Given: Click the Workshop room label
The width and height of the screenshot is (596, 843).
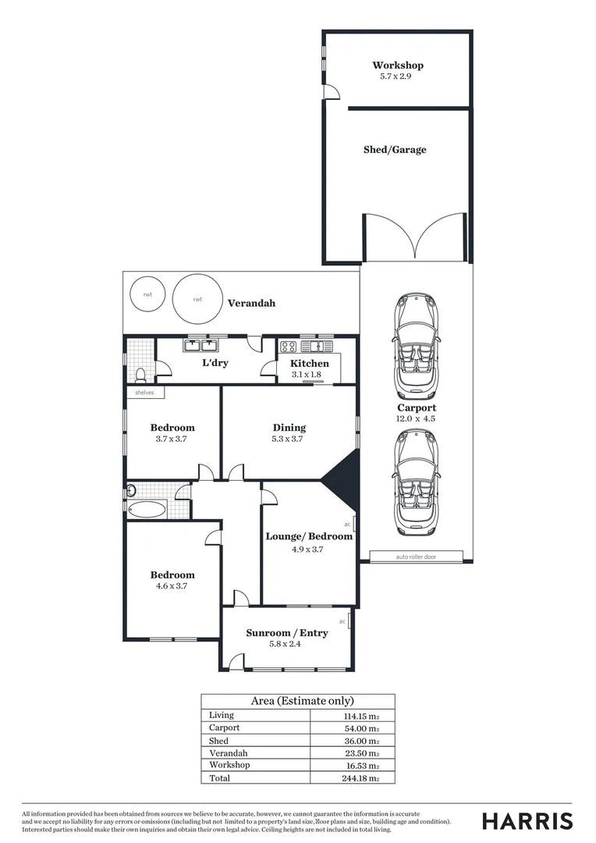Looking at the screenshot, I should tap(397, 66).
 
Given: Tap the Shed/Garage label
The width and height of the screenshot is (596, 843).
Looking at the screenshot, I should tap(395, 150).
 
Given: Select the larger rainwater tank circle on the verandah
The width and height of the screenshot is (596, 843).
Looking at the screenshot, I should tap(197, 299).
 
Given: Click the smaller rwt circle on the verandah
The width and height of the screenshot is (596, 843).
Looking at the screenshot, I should tap(147, 294).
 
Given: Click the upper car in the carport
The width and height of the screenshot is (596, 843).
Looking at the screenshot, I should tap(417, 346).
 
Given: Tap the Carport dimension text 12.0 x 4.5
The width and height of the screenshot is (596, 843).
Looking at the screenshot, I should tap(416, 419).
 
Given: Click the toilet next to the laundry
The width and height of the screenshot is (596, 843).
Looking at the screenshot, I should tap(140, 373).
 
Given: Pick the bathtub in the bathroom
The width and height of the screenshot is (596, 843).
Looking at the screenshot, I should tap(147, 510).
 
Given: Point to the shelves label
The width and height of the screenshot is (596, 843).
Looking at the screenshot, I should tap(145, 393).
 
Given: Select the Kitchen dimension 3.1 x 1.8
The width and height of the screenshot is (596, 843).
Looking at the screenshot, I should tap(310, 375).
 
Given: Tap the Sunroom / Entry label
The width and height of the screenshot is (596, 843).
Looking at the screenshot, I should tap(286, 633).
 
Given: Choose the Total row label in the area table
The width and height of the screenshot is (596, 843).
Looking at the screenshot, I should tap(220, 778).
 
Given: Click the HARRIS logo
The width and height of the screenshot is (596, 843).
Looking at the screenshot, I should tap(527, 821).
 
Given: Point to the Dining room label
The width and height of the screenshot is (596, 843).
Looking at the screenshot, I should tap(289, 428).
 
